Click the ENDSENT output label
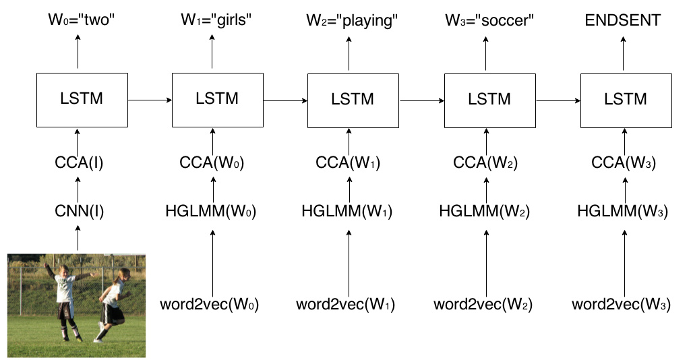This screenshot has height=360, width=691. (623, 20)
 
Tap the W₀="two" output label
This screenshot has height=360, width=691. (82, 20)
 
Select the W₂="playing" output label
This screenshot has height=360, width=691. (352, 21)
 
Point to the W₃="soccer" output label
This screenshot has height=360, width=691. (489, 20)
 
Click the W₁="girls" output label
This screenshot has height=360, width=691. (216, 20)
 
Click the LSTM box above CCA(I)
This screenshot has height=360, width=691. (82, 100)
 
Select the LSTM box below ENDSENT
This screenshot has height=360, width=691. (626, 101)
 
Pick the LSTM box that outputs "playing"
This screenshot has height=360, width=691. (353, 101)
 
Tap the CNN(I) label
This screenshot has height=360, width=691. (80, 211)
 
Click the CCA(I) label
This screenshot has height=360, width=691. (79, 162)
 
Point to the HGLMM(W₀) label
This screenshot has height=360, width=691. (210, 211)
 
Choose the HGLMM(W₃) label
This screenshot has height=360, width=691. (623, 211)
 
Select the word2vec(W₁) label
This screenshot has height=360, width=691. (345, 304)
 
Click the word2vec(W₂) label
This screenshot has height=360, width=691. (483, 304)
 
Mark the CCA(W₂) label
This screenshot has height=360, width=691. (485, 162)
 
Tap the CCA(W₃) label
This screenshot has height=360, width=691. (624, 162)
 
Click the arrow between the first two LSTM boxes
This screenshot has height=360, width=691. (150, 100)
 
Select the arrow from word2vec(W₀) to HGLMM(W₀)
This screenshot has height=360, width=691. (213, 263)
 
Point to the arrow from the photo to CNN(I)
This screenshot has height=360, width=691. (78, 238)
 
